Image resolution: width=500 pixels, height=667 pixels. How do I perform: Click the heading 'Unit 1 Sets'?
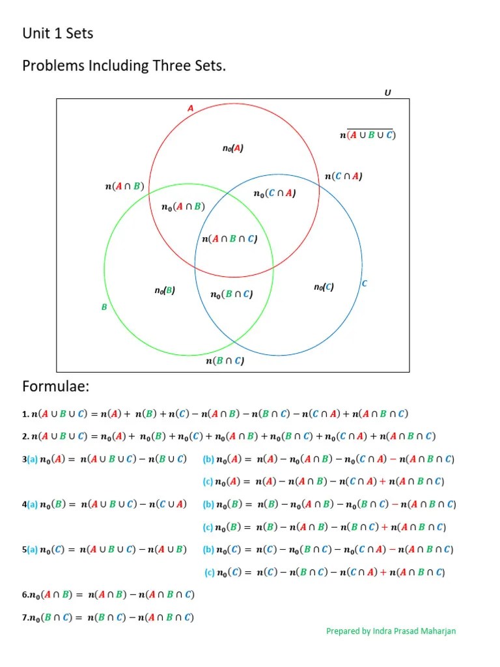pyautogui.click(x=58, y=33)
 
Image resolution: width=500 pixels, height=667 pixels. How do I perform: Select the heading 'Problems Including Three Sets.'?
pyautogui.click(x=124, y=66)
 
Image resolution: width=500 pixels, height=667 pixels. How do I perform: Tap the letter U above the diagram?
pyautogui.click(x=388, y=92)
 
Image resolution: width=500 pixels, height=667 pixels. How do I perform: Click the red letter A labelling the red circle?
pyautogui.click(x=191, y=108)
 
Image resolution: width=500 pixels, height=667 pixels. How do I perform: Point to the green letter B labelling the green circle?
pyautogui.click(x=104, y=307)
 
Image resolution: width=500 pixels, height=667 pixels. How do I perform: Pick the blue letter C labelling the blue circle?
pyautogui.click(x=365, y=283)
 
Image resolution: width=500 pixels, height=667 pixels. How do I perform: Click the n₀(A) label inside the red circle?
pyautogui.click(x=232, y=149)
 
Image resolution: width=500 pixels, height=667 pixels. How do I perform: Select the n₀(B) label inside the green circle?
pyautogui.click(x=165, y=291)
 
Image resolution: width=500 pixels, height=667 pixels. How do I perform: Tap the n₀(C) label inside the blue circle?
pyautogui.click(x=324, y=287)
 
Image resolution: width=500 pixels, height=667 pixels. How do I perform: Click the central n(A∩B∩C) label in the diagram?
pyautogui.click(x=230, y=239)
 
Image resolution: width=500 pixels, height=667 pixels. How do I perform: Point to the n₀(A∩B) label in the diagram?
pyautogui.click(x=183, y=206)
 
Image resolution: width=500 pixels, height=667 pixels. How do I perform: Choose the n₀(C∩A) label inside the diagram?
pyautogui.click(x=275, y=193)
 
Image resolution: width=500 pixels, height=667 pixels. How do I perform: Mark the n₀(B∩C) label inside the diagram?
pyautogui.click(x=231, y=294)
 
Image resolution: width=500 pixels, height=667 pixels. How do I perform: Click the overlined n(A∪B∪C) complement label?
pyautogui.click(x=368, y=135)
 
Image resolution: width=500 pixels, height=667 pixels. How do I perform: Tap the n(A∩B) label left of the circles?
pyautogui.click(x=124, y=186)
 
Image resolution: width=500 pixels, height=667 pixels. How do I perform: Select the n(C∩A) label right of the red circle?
pyautogui.click(x=344, y=176)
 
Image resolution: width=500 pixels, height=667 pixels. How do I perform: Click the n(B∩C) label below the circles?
pyautogui.click(x=225, y=361)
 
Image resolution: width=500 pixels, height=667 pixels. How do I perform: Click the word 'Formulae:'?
pyautogui.click(x=55, y=387)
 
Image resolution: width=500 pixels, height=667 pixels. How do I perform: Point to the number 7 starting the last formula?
pyautogui.click(x=24, y=617)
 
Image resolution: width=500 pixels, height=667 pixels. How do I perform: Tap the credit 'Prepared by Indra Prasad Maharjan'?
pyautogui.click(x=391, y=631)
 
